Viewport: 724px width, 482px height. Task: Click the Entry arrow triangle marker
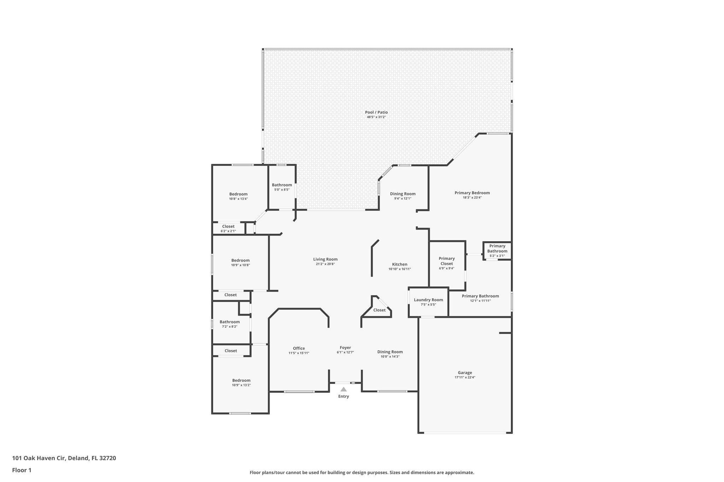(x=343, y=389)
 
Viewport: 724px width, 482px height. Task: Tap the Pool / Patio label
(x=376, y=112)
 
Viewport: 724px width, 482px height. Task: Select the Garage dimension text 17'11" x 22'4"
(x=465, y=377)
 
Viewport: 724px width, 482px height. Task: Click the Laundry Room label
(x=428, y=300)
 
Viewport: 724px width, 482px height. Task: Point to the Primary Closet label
(x=446, y=261)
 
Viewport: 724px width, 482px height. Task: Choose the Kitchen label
(x=399, y=264)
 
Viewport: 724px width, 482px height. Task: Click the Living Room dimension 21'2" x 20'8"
(x=325, y=264)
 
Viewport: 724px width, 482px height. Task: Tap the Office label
(x=299, y=348)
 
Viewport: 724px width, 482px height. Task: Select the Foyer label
(x=345, y=347)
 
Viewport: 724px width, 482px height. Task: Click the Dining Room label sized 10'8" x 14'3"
(x=390, y=352)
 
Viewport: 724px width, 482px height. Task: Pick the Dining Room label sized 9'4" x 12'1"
(x=403, y=194)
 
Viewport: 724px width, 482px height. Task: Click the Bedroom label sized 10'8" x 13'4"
(x=238, y=194)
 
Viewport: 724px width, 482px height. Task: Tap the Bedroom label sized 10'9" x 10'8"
(x=240, y=260)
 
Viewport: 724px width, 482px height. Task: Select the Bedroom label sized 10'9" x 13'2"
(x=241, y=380)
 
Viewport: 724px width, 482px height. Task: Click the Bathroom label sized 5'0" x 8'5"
(x=282, y=185)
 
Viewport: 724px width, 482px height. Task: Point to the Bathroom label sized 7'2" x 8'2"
(x=229, y=322)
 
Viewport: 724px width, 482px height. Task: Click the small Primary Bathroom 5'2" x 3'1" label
(x=497, y=249)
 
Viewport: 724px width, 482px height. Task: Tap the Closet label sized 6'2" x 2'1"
(x=228, y=226)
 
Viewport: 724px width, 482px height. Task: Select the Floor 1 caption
(x=22, y=470)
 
